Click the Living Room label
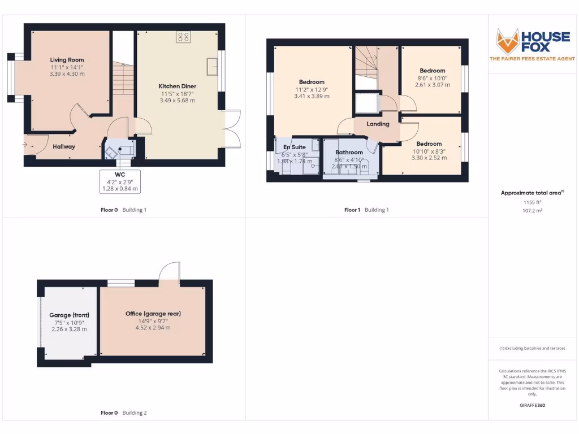(x=67, y=60)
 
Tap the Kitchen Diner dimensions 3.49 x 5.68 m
(x=177, y=101)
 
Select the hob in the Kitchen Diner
(x=183, y=37)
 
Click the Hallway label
(x=64, y=147)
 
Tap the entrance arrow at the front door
(x=24, y=145)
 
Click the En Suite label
(x=294, y=147)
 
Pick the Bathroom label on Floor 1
(x=349, y=153)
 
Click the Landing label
(x=378, y=124)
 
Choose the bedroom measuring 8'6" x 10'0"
(x=433, y=71)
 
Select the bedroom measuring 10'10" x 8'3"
(x=429, y=144)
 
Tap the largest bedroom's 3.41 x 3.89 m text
(x=312, y=96)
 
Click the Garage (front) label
(x=69, y=315)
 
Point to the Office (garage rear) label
(x=153, y=314)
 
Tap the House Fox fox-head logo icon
(x=507, y=41)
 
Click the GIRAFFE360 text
(x=532, y=405)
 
